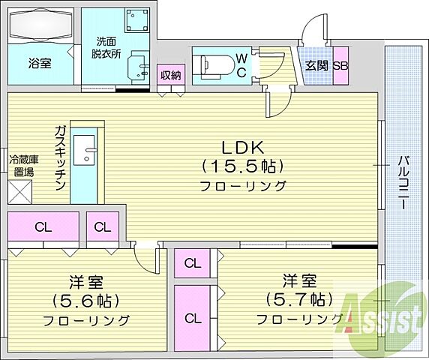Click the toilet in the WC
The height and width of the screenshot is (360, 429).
coord(211,64)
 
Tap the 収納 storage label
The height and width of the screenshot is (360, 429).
coord(171,74)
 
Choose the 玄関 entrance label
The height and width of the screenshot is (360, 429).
coord(315,65)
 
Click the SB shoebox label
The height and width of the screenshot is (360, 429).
coord(340,65)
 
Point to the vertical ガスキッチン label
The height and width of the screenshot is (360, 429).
coord(59,157)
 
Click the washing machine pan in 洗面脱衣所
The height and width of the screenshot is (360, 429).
coord(136,22)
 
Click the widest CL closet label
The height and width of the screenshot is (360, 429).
coord(43,226)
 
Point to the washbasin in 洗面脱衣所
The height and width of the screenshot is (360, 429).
coord(136,67)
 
